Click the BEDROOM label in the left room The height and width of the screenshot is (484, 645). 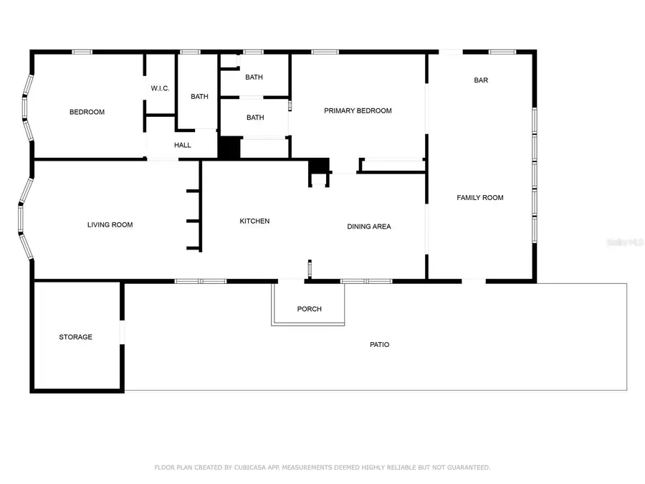coord(87,112)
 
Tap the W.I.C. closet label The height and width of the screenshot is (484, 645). coord(160,88)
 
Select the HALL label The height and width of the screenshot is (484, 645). coord(183,145)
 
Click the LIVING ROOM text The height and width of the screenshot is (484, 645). coord(110,224)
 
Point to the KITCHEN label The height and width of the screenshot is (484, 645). coord(254,221)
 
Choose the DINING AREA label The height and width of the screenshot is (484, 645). coord(369,227)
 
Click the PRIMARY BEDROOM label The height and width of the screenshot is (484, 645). coord(358,110)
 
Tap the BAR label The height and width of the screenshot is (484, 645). coord(481,80)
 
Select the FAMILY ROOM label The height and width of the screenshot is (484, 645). coord(480,197)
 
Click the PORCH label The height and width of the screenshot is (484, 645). coord(310,309)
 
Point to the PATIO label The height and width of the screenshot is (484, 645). coord(379,345)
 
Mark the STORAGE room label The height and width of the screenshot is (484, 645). coord(75,337)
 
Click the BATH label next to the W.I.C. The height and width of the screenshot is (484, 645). coord(199,96)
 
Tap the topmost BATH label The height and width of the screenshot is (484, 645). coord(254,77)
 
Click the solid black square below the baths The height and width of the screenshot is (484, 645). coord(229,148)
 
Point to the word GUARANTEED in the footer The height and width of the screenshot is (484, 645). coord(465,468)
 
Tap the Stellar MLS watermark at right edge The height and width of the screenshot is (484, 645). coord(625,243)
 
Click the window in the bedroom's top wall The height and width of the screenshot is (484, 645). coord(82,52)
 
